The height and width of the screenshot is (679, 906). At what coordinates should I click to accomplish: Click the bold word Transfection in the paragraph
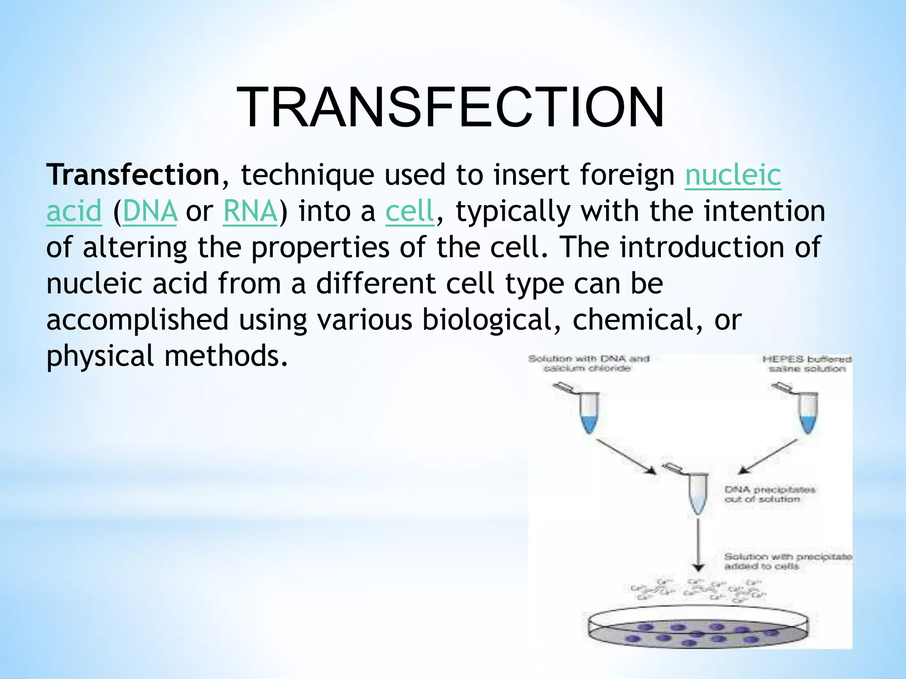point(133,175)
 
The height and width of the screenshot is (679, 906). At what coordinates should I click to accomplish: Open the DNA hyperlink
point(150,211)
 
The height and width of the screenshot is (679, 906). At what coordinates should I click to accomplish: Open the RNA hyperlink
point(250,211)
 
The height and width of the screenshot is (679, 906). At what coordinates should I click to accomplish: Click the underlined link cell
point(410,211)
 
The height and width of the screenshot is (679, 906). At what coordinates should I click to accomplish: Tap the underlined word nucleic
point(733,175)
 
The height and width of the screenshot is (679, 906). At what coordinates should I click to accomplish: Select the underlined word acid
point(74,211)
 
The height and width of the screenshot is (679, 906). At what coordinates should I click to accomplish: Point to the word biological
point(487,320)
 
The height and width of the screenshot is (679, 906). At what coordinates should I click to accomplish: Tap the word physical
point(100,356)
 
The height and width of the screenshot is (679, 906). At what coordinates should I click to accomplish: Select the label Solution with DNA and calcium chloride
point(588,363)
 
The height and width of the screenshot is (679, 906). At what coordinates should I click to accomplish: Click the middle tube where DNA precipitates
point(698,493)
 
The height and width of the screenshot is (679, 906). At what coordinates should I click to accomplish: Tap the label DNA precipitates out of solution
point(769,494)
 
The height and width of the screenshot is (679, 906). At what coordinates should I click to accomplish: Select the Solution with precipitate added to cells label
point(787,561)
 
